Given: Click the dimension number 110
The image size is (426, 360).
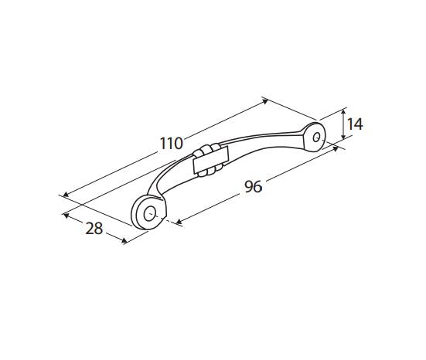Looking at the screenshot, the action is (x=171, y=144).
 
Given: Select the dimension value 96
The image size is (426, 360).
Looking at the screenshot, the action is (x=254, y=186).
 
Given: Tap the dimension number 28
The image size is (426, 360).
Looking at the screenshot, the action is (x=94, y=229).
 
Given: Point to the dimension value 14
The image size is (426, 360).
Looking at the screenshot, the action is (x=355, y=124).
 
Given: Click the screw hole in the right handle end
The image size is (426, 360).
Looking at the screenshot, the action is (x=316, y=137).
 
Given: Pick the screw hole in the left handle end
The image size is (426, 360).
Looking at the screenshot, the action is (x=150, y=213).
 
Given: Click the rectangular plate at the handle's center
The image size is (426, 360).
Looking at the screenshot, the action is (x=211, y=160).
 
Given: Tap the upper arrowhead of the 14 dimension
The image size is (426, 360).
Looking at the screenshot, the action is (x=343, y=111).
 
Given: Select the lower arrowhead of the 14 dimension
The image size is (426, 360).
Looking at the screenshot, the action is (x=343, y=137).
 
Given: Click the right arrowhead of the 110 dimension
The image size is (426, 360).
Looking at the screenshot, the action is (x=265, y=101).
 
